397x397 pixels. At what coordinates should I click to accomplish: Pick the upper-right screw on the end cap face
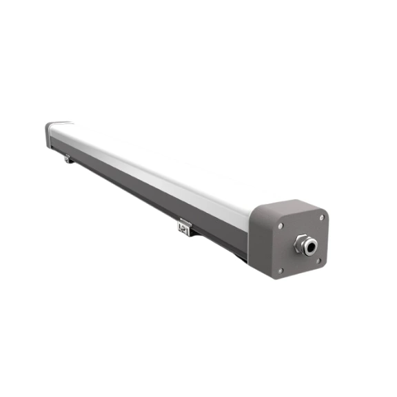321,218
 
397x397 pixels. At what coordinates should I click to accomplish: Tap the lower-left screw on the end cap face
280,271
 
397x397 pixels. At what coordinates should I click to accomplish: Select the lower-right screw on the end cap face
318,261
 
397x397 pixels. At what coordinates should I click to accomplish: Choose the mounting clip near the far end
68,159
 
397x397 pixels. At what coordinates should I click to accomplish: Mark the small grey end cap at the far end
51,130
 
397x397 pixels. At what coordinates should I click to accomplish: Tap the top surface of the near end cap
283,206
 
